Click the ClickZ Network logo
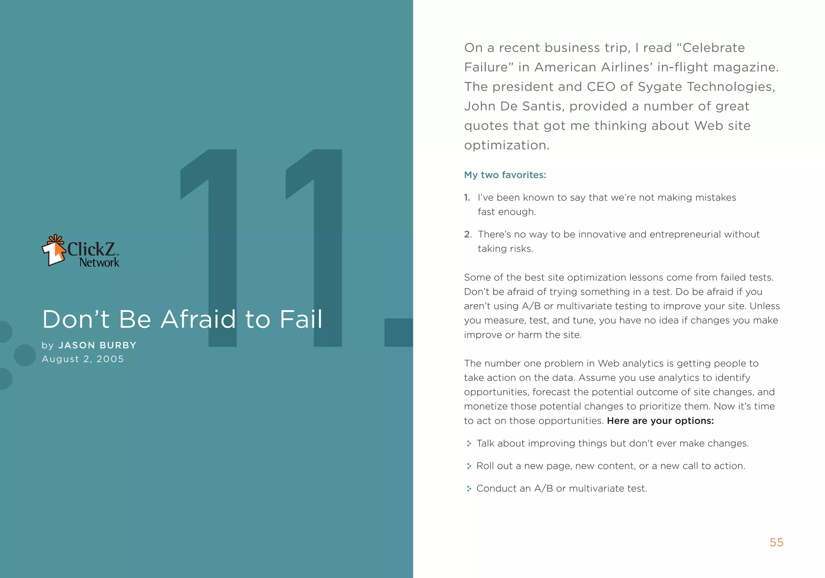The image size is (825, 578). [x=81, y=251]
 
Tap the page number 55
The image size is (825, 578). [x=776, y=543]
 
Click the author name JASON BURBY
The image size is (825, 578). [x=97, y=345]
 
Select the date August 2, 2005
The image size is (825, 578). [x=83, y=359]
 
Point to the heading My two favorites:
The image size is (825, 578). [x=505, y=175]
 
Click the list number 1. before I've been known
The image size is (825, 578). [x=467, y=198]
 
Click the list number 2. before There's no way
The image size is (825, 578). [x=468, y=235]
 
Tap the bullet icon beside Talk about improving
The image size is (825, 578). [x=469, y=444]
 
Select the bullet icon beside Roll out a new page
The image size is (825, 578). [x=469, y=466]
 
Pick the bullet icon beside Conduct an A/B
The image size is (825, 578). [x=469, y=489]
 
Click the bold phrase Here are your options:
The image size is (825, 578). [x=660, y=421]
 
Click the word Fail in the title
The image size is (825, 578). [x=301, y=320]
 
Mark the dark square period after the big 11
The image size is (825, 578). [x=398, y=333]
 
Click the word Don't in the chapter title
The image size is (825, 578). [x=76, y=320]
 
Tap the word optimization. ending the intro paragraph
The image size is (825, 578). [x=507, y=146]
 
